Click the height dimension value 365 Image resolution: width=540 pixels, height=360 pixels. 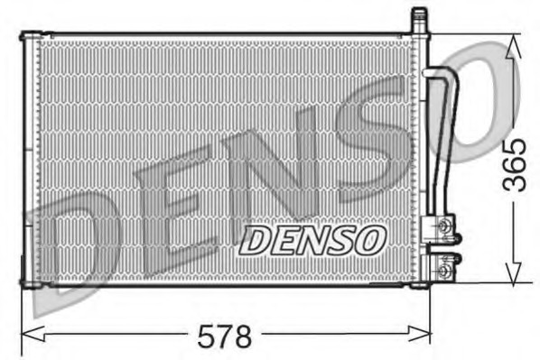(x=514, y=163)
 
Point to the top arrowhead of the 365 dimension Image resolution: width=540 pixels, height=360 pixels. (x=514, y=43)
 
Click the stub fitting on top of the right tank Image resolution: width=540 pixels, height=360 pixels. (x=419, y=19)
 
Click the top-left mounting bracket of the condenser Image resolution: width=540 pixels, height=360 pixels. (x=29, y=36)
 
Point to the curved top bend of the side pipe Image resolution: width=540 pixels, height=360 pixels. (x=442, y=74)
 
